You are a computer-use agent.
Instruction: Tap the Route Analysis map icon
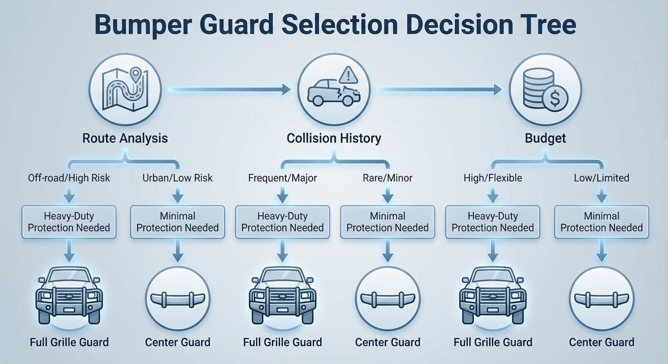pyautogui.click(x=125, y=89)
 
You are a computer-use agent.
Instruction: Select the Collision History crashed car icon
pyautogui.click(x=334, y=89)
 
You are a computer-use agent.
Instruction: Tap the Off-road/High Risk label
pyautogui.click(x=69, y=178)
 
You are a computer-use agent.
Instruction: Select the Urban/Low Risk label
pyautogui.click(x=177, y=178)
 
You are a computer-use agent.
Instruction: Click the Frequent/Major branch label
pyautogui.click(x=282, y=178)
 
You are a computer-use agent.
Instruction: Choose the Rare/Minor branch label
pyautogui.click(x=387, y=178)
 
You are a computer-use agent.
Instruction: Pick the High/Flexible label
pyautogui.click(x=492, y=178)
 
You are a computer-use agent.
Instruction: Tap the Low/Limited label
pyautogui.click(x=601, y=178)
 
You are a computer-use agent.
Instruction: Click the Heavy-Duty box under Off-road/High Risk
pyautogui.click(x=69, y=222)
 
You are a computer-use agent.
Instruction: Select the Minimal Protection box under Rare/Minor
pyautogui.click(x=387, y=222)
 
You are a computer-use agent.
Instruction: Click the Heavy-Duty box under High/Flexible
pyautogui.click(x=492, y=222)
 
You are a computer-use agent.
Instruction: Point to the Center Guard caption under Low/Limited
pyautogui.click(x=601, y=342)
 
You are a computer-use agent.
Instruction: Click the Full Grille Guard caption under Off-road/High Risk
pyautogui.click(x=69, y=342)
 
